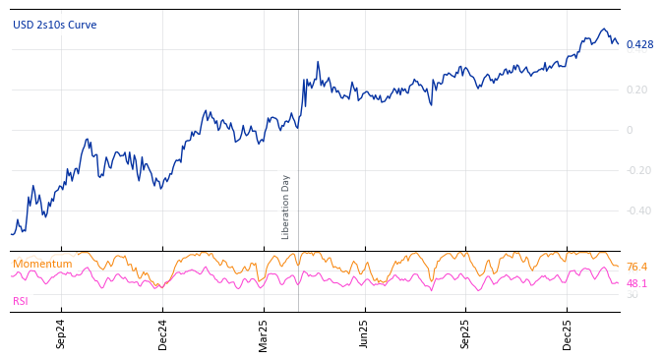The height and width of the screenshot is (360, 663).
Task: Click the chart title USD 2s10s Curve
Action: [x=54, y=25]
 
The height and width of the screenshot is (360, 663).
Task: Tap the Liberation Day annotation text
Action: [x=286, y=207]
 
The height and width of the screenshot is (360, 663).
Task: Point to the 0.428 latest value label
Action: [x=639, y=44]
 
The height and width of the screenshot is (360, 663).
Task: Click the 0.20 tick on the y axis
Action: [x=636, y=90]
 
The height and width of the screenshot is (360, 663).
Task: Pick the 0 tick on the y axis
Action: [x=630, y=130]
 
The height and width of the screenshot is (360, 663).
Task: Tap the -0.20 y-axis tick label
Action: [x=636, y=170]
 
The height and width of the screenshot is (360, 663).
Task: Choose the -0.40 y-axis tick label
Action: [x=636, y=210]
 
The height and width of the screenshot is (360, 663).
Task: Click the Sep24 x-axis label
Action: [x=61, y=333]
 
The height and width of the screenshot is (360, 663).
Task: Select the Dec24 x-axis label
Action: [x=163, y=333]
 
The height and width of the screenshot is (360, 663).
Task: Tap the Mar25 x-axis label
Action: [x=264, y=333]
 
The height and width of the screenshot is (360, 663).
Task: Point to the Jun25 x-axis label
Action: [x=365, y=333]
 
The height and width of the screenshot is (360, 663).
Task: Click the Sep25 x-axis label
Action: [x=466, y=333]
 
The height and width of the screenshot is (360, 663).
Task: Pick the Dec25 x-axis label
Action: [x=568, y=333]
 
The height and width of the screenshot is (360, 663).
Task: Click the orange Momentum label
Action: [x=42, y=264]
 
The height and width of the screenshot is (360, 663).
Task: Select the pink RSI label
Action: [x=21, y=301]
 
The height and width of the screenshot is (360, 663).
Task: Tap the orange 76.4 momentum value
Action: [x=636, y=267]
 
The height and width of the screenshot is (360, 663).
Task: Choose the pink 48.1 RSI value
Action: [x=636, y=283]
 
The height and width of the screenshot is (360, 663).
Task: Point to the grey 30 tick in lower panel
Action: [x=632, y=295]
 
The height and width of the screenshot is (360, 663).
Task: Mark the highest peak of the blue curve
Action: [x=604, y=30]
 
